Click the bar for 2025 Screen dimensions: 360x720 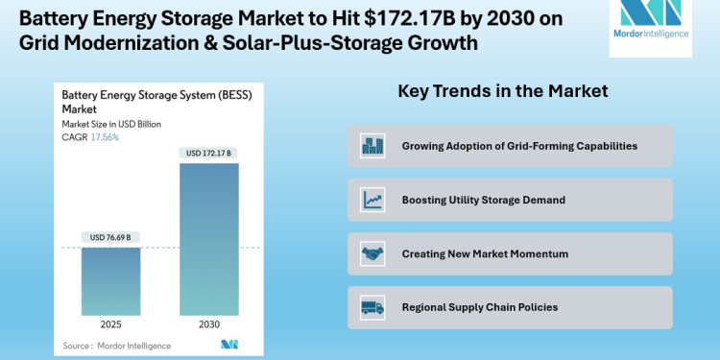pyautogui.click(x=110, y=281)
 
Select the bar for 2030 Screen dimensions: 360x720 pyautogui.click(x=208, y=240)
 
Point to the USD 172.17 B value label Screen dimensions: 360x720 pyautogui.click(x=208, y=154)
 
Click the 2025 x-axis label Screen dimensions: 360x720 pyautogui.click(x=110, y=324)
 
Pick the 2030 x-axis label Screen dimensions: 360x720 pyautogui.click(x=208, y=324)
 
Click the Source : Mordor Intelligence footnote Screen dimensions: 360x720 pyautogui.click(x=117, y=345)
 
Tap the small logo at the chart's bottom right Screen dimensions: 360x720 pyautogui.click(x=228, y=344)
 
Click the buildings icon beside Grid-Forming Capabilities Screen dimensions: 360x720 pyautogui.click(x=372, y=146)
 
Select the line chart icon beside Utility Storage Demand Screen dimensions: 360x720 pyautogui.click(x=372, y=200)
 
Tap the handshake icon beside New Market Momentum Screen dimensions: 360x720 pyautogui.click(x=372, y=253)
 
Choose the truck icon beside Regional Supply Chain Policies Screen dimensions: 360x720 pyautogui.click(x=372, y=307)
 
